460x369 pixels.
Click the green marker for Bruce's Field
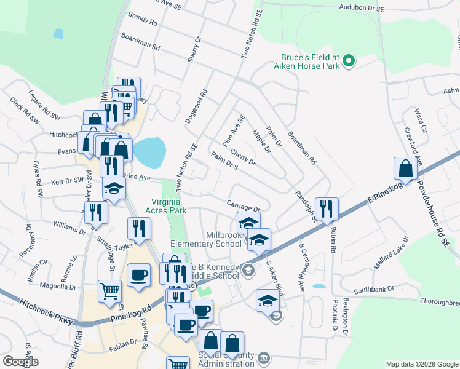coord(348,61)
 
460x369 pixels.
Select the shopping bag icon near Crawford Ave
coord(406,169)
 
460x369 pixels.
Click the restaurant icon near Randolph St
coord(327,208)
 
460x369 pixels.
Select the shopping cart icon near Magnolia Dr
coord(109,290)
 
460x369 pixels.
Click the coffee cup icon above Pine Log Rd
coord(138,274)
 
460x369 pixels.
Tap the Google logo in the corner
coord(20,361)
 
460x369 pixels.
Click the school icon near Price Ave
coord(114,189)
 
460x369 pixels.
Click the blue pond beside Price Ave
coord(149,152)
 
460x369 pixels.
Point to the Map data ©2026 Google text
coord(422,364)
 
